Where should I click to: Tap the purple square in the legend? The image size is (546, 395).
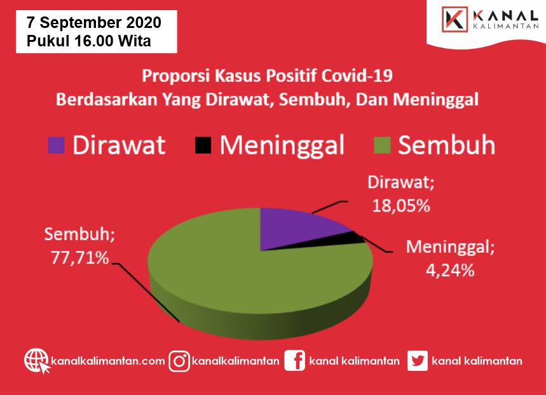click(56, 145)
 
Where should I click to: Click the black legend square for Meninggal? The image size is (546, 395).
click(203, 145)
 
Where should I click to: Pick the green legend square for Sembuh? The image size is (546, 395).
click(382, 145)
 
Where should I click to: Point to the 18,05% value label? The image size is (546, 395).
click(401, 206)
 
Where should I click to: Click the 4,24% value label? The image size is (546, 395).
click(450, 270)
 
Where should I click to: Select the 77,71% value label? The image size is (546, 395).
click(80, 258)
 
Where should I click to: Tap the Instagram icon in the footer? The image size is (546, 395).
click(179, 361)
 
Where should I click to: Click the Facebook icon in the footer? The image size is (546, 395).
click(294, 361)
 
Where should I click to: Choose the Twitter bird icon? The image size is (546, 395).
click(418, 361)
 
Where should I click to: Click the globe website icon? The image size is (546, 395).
click(37, 361)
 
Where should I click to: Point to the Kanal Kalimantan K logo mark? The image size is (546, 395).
click(454, 19)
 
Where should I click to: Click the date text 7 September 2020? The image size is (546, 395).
click(94, 23)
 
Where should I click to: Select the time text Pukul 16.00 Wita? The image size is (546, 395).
click(89, 41)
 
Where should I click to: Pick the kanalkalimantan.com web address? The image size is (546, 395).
click(108, 361)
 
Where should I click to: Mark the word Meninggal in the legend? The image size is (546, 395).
click(282, 146)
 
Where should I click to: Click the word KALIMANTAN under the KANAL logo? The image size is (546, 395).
click(506, 26)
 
